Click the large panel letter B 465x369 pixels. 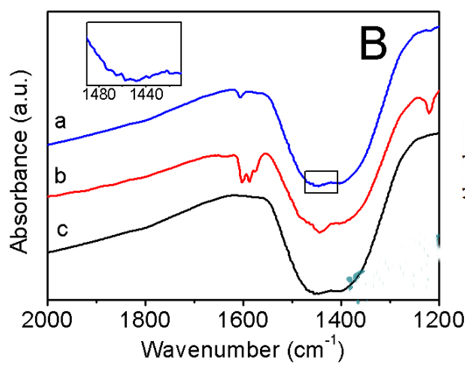click(373, 43)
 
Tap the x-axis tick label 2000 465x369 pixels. click(47, 320)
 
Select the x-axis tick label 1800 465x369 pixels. click(145, 320)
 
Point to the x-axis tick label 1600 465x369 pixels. click(243, 320)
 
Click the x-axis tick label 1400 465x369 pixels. click(342, 320)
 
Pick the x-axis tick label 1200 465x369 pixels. click(439, 320)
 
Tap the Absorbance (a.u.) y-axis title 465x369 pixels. click(19, 162)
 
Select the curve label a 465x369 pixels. click(60, 123)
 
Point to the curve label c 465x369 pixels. click(62, 230)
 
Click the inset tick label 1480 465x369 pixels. click(99, 95)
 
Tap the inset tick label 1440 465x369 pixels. click(147, 95)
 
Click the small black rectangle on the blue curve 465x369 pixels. click(321, 171)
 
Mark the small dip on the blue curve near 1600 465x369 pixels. click(240, 96)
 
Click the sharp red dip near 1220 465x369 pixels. click(428, 111)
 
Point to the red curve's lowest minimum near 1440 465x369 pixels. click(320, 232)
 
